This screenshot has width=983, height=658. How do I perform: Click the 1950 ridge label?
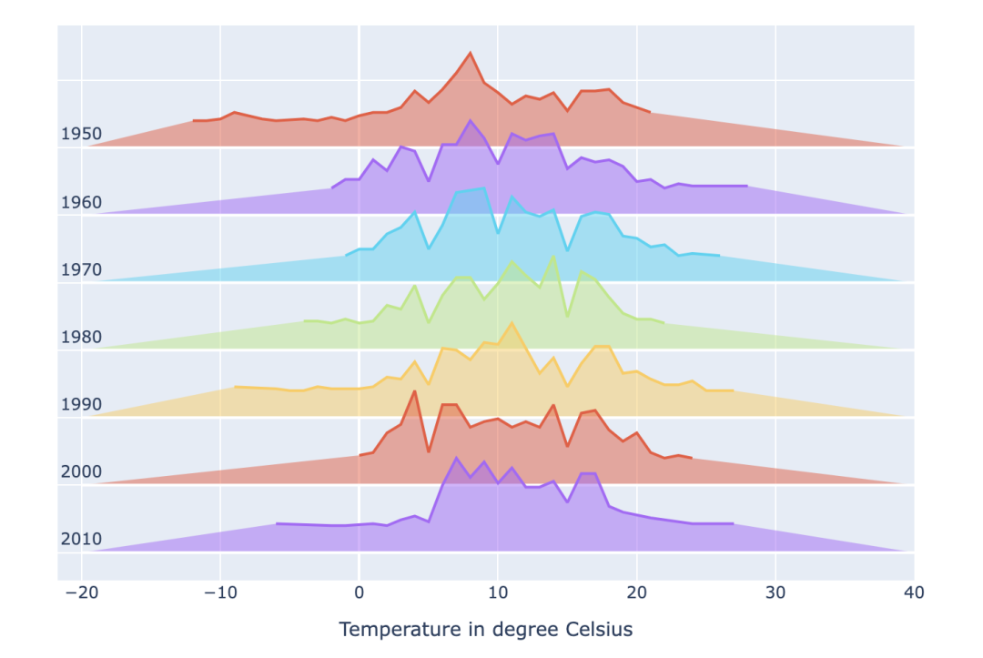tap(81, 135)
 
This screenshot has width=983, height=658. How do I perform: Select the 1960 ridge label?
tap(81, 202)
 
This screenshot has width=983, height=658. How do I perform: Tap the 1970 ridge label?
tap(81, 269)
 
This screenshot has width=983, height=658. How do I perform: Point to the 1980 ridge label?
tap(81, 338)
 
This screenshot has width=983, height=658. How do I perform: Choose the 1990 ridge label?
tap(81, 404)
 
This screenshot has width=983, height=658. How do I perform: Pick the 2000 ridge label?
tap(81, 471)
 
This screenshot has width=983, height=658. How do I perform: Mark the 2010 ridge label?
tap(81, 539)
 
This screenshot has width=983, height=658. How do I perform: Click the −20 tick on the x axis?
tap(81, 592)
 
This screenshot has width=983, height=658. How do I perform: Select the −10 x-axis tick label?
tap(219, 592)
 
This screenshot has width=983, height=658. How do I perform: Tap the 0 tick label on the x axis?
tap(359, 592)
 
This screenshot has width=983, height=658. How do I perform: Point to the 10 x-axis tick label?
tap(498, 592)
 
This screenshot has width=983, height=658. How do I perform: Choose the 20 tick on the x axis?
tap(637, 592)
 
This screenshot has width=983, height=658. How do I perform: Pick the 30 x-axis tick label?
tap(775, 592)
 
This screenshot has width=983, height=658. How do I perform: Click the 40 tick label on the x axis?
tap(914, 592)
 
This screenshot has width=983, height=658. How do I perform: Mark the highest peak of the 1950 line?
tap(470, 53)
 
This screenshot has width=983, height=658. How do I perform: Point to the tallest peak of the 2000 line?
tap(414, 392)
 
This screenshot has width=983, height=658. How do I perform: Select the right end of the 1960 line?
tap(747, 186)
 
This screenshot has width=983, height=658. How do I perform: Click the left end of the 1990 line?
tap(235, 387)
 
